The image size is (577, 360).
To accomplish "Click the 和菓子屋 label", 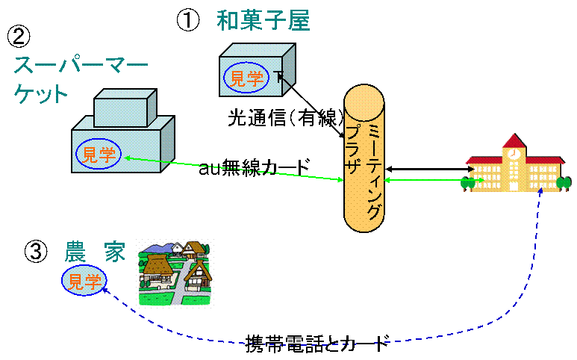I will (263, 21).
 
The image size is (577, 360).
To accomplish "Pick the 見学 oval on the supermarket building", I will (99, 154).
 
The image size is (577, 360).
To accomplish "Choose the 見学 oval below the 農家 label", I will (84, 281).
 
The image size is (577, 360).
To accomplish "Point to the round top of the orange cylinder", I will (364, 102).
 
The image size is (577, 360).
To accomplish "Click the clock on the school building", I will (514, 154).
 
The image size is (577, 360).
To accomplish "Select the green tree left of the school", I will (468, 181).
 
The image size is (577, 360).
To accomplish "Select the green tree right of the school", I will (564, 181).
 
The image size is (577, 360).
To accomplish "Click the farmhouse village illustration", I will (175, 272).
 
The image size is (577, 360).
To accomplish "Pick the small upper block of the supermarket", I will (124, 108).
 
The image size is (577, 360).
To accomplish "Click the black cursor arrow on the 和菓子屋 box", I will (280, 77).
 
